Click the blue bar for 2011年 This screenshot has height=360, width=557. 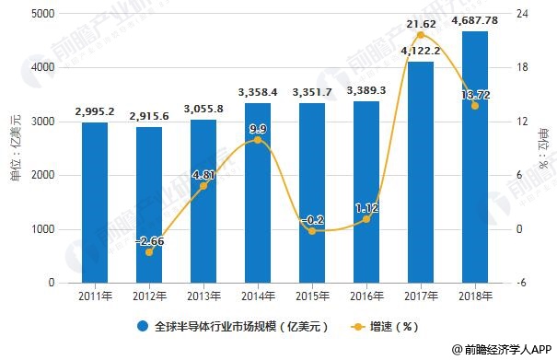pos(94,203)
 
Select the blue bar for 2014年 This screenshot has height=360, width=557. pos(257,193)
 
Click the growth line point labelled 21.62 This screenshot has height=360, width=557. pos(421,36)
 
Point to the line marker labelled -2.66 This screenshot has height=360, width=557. pos(148,251)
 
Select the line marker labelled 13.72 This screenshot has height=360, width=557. pos(475,106)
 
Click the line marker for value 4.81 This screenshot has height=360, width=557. pos(203,185)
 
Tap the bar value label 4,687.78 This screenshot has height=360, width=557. pos(475,21)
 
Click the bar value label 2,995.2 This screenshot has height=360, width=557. pos(94,111)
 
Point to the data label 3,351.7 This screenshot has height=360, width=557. pos(311,92)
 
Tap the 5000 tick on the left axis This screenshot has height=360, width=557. pos(41,14)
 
